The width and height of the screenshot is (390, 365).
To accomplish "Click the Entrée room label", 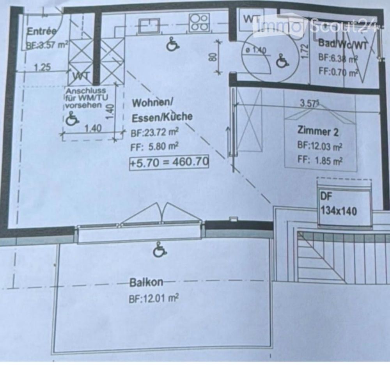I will (x=41, y=31).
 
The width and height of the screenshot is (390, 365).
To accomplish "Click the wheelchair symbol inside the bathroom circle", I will (x=280, y=61).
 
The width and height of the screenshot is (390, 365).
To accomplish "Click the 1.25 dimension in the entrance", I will (x=42, y=67).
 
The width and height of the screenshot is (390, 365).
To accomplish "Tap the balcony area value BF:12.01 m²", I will (x=154, y=299).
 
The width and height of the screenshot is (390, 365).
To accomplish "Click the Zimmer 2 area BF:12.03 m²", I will (x=319, y=146).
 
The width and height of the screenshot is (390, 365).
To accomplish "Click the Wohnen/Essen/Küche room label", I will (x=162, y=110).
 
